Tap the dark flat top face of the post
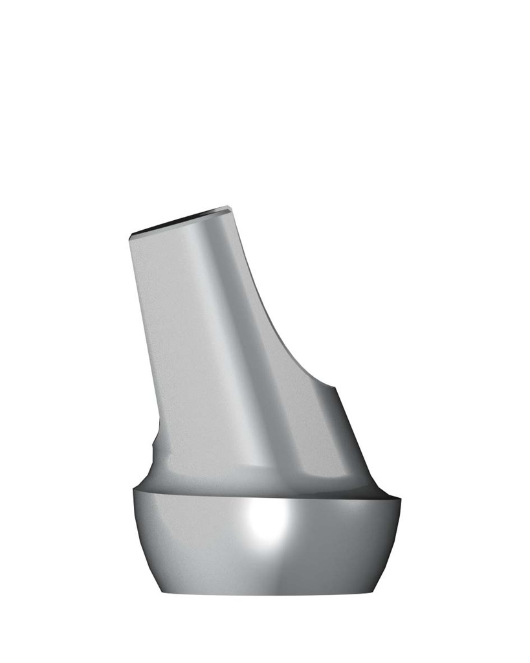point(181,221)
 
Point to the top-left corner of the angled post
point(131,235)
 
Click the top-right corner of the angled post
point(229,207)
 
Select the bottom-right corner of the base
point(375,592)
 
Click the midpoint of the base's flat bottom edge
point(269,593)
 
